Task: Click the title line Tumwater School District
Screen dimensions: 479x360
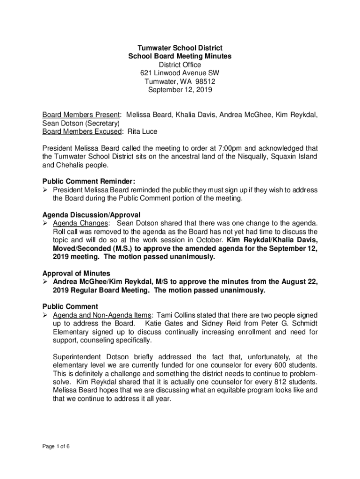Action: pyautogui.click(x=180, y=48)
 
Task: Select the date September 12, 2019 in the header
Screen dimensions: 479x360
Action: pyautogui.click(x=180, y=90)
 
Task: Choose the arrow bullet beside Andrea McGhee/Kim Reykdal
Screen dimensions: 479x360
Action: pyautogui.click(x=46, y=282)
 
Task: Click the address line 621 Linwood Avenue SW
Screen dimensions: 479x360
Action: pyautogui.click(x=180, y=73)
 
